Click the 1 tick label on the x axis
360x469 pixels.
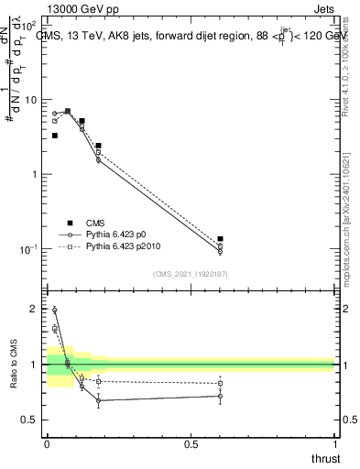[x=334, y=444]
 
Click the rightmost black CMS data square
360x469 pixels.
[x=220, y=239]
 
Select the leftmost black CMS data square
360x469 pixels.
[x=55, y=136]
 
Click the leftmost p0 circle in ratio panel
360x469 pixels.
[x=55, y=310]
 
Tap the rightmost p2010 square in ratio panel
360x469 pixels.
[x=220, y=383]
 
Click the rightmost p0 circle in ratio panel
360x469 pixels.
[x=220, y=396]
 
